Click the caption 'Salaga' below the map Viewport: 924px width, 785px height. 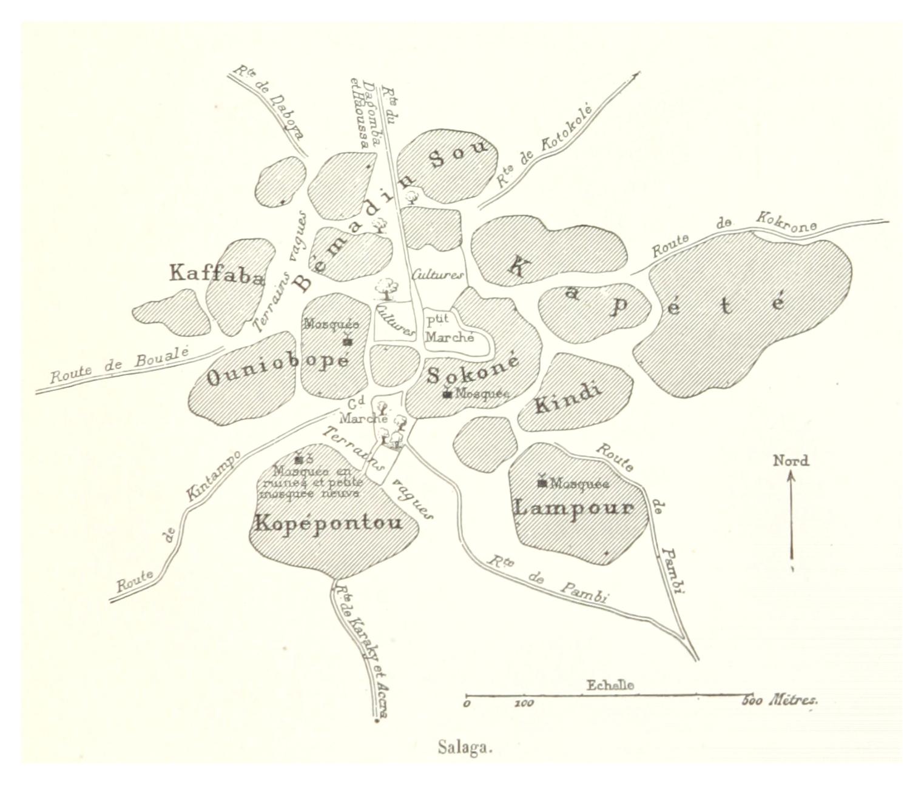point(465,747)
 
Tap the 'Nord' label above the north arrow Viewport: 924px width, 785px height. point(791,461)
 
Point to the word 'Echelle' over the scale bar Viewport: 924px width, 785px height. point(610,686)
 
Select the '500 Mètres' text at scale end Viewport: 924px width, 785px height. point(780,700)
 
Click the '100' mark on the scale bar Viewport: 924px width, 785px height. point(523,704)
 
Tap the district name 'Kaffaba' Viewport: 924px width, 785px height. point(217,274)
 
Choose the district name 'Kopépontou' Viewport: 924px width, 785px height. point(328,523)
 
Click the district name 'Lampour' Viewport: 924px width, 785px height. point(574,507)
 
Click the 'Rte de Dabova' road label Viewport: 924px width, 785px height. point(269,101)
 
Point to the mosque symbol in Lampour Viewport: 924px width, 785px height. point(542,483)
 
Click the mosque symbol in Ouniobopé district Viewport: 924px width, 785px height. point(347,341)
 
